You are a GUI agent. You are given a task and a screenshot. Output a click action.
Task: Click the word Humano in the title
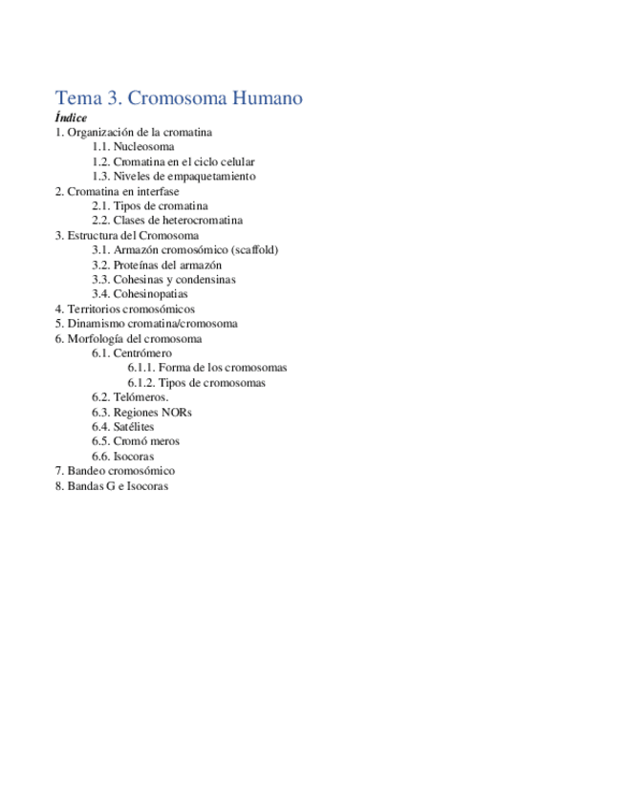(263, 98)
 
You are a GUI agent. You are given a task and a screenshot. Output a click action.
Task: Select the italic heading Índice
(71, 117)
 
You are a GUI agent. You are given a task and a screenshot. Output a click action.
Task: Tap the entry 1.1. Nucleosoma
(133, 147)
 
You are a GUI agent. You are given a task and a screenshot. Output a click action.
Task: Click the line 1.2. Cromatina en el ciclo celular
(173, 162)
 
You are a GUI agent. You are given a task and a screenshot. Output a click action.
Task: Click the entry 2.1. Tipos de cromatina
(150, 206)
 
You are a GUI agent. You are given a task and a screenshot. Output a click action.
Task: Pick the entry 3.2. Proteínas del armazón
(157, 265)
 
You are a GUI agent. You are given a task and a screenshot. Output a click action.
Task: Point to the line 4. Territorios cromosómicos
(125, 309)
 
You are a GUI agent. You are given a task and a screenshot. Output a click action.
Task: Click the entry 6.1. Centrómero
(132, 353)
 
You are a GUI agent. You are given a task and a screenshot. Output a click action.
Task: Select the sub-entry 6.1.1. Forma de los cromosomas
(207, 368)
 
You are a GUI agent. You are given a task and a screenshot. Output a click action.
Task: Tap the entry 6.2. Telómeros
(130, 397)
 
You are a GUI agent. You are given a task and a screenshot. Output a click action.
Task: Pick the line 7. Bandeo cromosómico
(115, 471)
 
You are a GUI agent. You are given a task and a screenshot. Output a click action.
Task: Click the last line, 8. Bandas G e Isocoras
(112, 486)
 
